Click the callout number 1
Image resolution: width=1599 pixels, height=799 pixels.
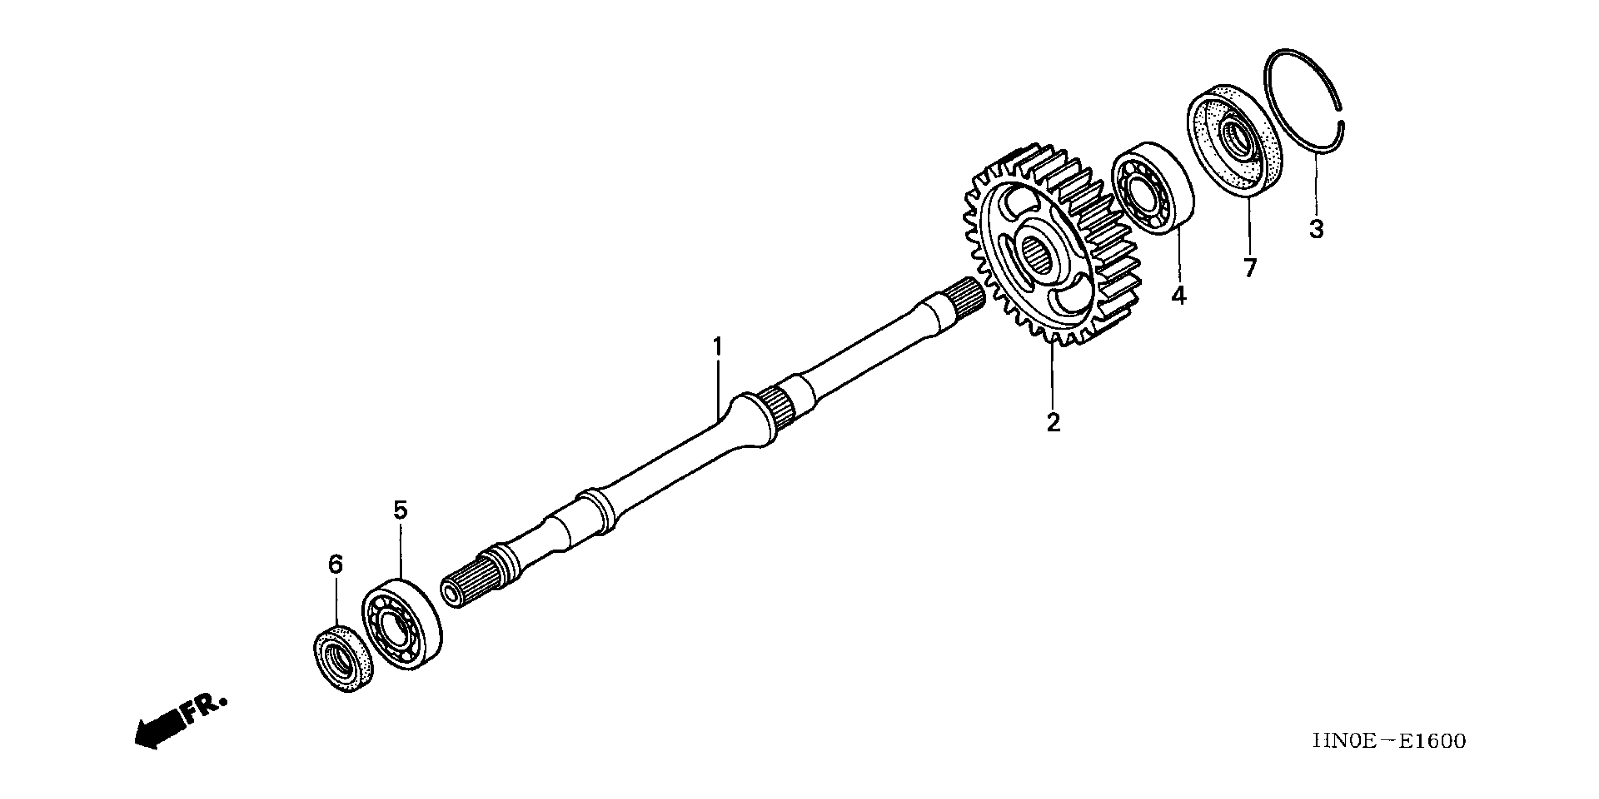718,347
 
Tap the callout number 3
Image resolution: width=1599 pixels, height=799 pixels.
1316,229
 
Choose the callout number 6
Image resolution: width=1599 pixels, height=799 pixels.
335,564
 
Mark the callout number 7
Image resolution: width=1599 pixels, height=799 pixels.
1249,267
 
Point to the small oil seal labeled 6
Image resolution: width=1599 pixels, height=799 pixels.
342,658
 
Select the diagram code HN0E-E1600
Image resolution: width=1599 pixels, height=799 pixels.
1389,741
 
